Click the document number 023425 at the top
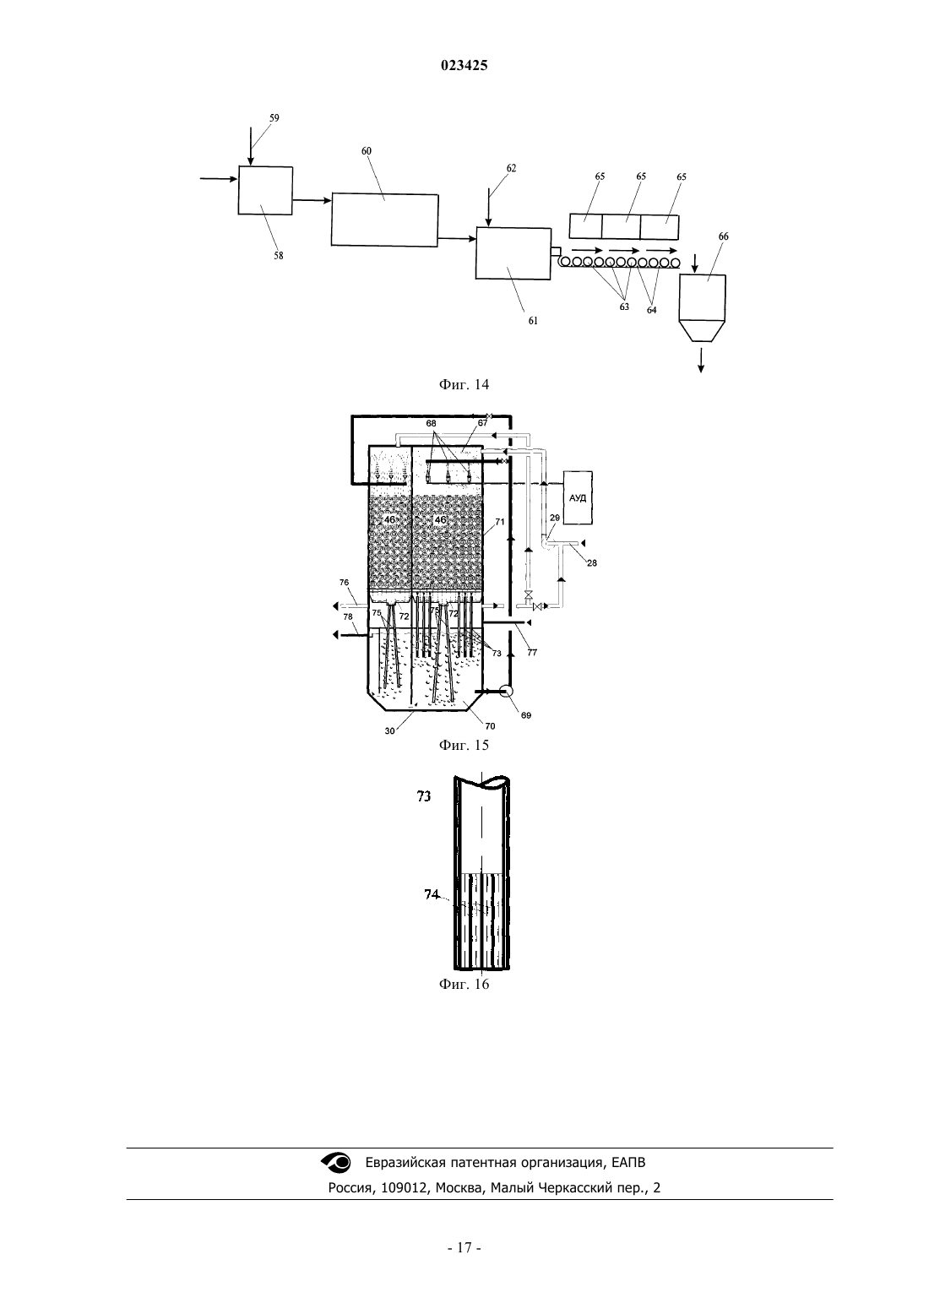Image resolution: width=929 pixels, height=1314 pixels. [464, 66]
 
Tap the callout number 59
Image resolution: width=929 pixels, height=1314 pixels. [274, 118]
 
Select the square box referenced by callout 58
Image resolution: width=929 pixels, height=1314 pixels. [265, 191]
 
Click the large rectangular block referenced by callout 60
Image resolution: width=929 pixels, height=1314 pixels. [385, 220]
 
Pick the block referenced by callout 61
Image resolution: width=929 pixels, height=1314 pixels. [513, 252]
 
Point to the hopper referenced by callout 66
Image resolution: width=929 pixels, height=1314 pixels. [702, 308]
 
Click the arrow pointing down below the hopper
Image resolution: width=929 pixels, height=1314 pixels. [701, 361]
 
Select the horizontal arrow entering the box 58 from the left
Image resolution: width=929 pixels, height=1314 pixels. [219, 178]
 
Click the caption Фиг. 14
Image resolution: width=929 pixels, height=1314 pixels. [464, 384]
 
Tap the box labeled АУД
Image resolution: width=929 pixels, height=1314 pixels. [578, 497]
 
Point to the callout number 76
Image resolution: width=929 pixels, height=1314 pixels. [345, 583]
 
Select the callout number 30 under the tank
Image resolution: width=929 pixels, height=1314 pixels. [389, 731]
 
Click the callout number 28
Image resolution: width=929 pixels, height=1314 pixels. [592, 562]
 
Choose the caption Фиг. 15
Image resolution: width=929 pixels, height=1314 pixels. [464, 745]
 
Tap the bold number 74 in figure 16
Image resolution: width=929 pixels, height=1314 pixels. [432, 894]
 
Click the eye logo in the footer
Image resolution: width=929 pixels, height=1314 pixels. [336, 1162]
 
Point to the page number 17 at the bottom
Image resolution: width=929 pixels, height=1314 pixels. [465, 1248]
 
